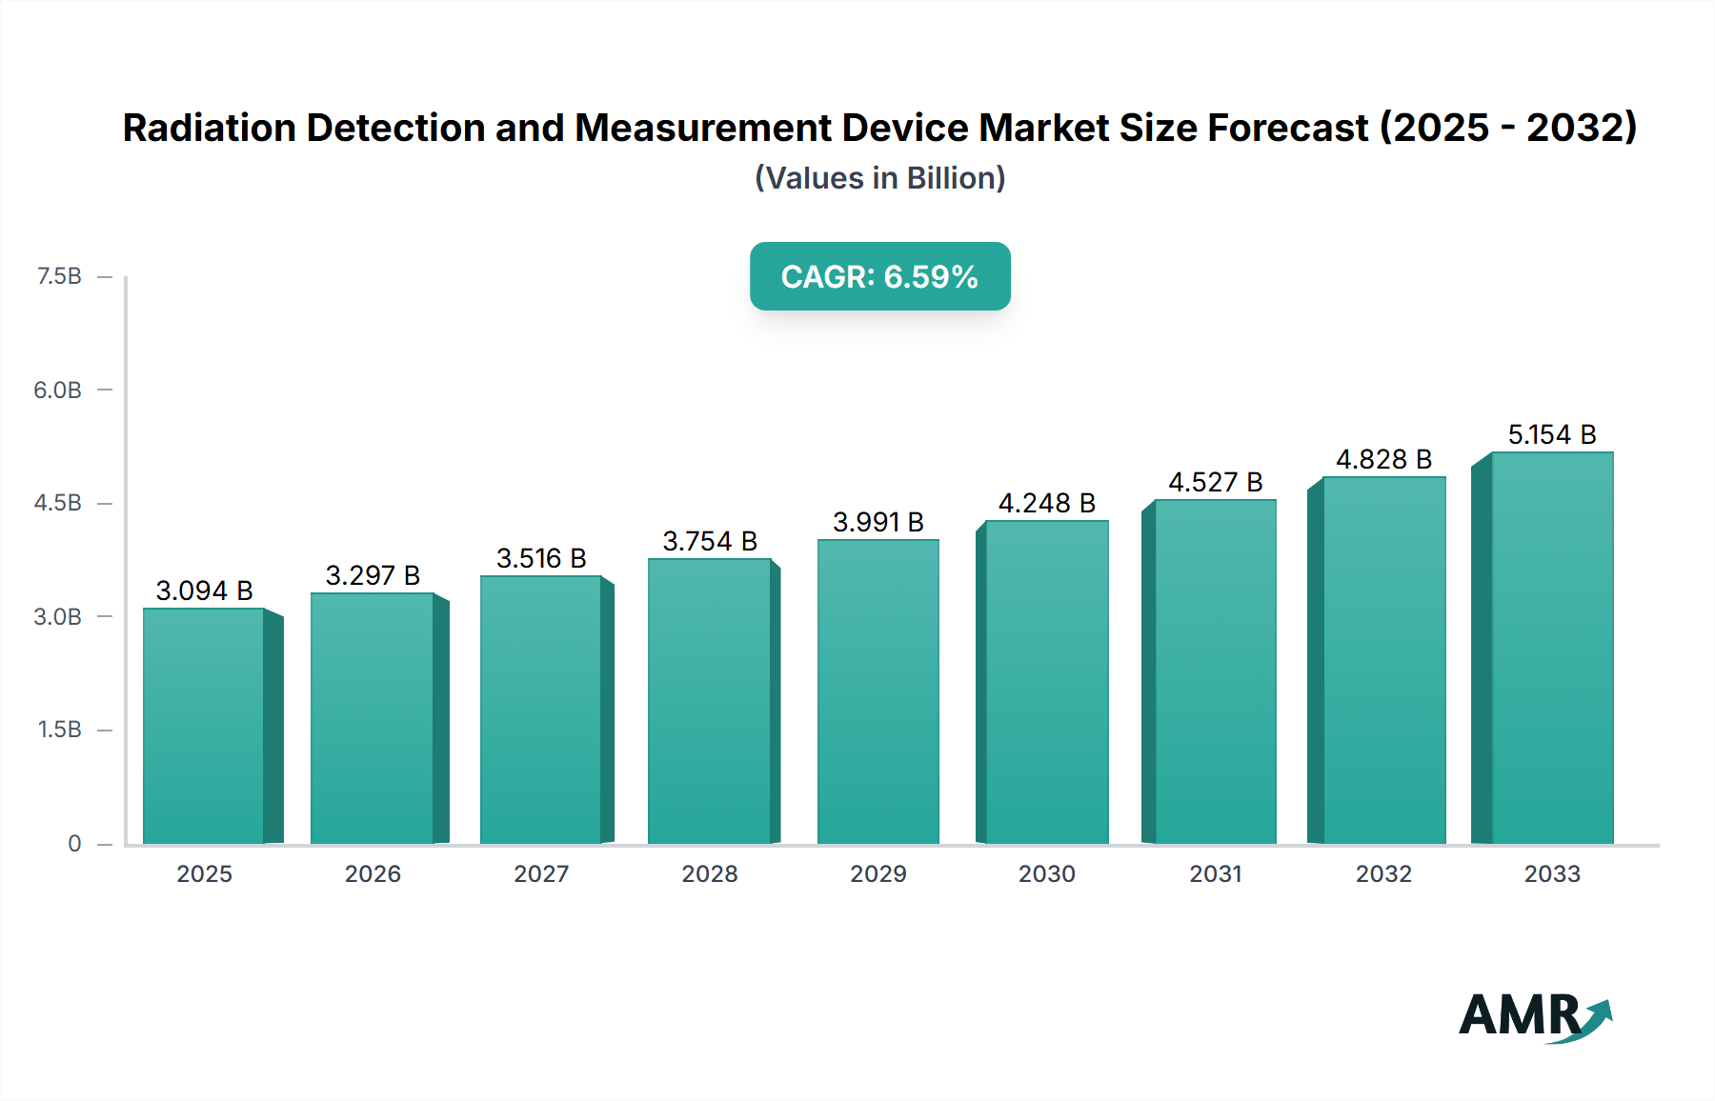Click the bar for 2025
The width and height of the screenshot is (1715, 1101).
point(204,726)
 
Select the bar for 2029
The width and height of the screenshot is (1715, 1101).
point(878,691)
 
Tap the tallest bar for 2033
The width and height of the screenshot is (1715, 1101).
point(1551,648)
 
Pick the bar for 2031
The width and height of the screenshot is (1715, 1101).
point(1215,671)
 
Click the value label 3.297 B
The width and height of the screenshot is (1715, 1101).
point(373,575)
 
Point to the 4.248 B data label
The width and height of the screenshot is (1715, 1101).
point(1046,503)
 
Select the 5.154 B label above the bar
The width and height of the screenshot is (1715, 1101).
point(1551,434)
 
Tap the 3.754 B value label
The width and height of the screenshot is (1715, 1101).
point(710,541)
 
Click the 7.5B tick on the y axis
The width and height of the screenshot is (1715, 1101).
point(59,276)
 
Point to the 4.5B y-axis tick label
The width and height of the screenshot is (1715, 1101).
point(58,503)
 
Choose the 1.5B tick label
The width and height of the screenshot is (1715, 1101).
point(59,730)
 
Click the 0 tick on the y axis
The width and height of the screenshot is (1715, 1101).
point(74,843)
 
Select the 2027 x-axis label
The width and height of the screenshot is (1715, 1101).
point(541,873)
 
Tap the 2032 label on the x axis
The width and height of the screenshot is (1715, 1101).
point(1383,873)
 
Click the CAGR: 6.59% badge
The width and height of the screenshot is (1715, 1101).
point(879,276)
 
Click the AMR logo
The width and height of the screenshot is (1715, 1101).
point(1534,1016)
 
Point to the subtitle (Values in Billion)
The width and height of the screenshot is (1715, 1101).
point(879,178)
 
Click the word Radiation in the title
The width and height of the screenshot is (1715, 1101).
point(210,128)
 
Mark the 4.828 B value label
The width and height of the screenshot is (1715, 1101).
point(1383,459)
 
